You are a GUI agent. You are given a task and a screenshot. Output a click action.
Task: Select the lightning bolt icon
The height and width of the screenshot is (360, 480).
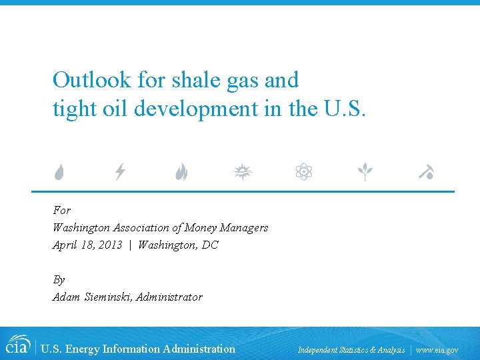(x=120, y=173)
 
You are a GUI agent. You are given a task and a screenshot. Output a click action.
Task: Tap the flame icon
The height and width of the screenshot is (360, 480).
(x=181, y=173)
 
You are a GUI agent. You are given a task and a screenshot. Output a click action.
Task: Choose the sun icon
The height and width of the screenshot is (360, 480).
(x=243, y=173)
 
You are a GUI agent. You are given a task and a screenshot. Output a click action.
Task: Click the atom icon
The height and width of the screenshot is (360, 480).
(x=304, y=173)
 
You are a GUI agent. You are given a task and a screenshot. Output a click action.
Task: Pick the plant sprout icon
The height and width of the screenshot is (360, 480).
(x=365, y=173)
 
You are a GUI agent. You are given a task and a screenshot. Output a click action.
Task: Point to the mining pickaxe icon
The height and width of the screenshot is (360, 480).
(x=427, y=173)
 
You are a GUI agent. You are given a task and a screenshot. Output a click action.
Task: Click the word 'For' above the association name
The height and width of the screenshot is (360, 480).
(x=61, y=210)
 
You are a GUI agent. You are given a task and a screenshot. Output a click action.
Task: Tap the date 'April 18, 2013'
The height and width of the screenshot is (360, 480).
(x=87, y=245)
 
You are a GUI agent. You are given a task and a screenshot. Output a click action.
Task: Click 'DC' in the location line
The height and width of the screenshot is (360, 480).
(x=210, y=245)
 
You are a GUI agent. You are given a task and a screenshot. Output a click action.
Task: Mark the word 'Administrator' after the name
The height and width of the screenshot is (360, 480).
(x=169, y=297)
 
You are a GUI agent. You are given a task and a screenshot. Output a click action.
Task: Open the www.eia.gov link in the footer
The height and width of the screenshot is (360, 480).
(x=437, y=349)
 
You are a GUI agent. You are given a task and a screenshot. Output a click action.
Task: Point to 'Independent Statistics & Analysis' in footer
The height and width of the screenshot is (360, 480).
(x=351, y=349)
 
